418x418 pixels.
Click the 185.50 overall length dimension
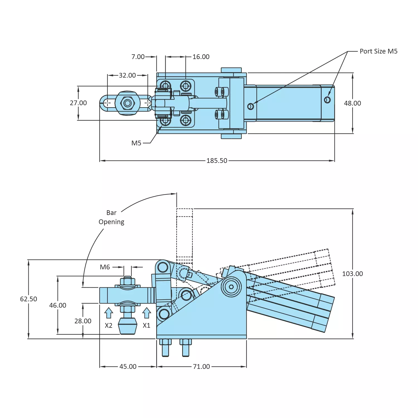[x=217, y=161]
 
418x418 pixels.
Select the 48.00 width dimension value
[x=352, y=103]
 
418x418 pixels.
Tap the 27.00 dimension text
[x=78, y=103]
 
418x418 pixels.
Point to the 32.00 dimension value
[x=127, y=75]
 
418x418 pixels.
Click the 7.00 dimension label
[x=138, y=57]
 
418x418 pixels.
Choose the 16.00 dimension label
[x=201, y=57]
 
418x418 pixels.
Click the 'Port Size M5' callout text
[x=378, y=51]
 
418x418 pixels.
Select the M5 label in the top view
[x=136, y=143]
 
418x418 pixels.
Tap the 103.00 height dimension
[x=352, y=274]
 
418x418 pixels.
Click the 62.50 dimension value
[x=28, y=299]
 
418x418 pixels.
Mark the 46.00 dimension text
[x=58, y=305]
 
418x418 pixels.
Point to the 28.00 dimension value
[x=83, y=321]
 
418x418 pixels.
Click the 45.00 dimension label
[x=128, y=366]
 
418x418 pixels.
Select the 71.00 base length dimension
[x=201, y=366]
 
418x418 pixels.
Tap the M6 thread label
[x=105, y=267]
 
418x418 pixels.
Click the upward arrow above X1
[x=146, y=313]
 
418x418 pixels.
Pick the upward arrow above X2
[x=109, y=313]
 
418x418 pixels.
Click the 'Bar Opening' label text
[x=111, y=217]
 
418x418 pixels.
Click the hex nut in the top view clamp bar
[x=128, y=103]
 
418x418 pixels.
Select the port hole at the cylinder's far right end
[x=327, y=100]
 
